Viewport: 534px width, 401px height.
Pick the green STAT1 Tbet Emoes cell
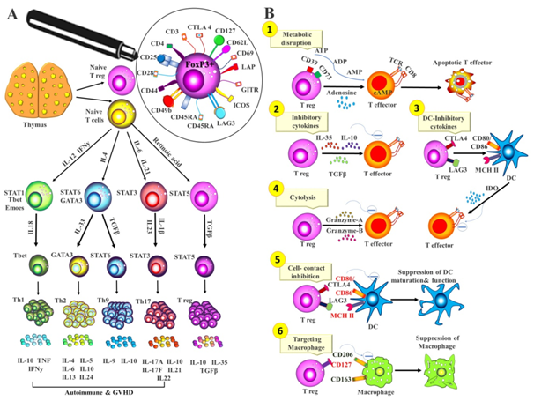pos(43,192)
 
